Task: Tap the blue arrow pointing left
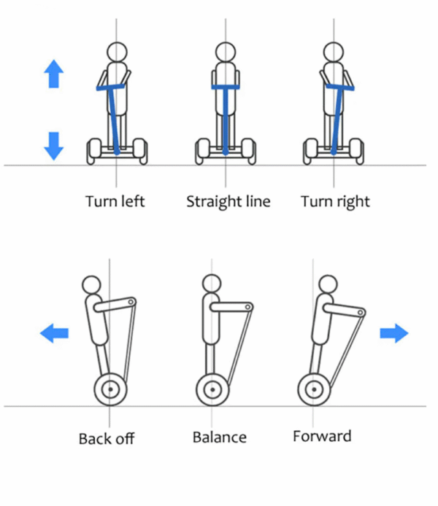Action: (54, 334)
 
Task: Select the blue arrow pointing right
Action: (393, 334)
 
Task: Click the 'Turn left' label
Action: (115, 201)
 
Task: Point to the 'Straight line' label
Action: (228, 201)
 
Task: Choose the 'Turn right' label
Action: (336, 201)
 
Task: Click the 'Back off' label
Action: (107, 439)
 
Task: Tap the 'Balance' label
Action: (220, 437)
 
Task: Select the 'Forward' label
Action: (322, 437)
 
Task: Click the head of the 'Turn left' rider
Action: (117, 52)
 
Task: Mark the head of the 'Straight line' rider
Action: (226, 52)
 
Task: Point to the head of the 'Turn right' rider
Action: (334, 52)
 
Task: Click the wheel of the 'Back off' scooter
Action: (111, 389)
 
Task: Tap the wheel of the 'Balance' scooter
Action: (212, 389)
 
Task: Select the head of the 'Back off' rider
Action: (93, 284)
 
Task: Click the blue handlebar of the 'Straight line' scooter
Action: (226, 88)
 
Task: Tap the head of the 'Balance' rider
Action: (212, 284)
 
